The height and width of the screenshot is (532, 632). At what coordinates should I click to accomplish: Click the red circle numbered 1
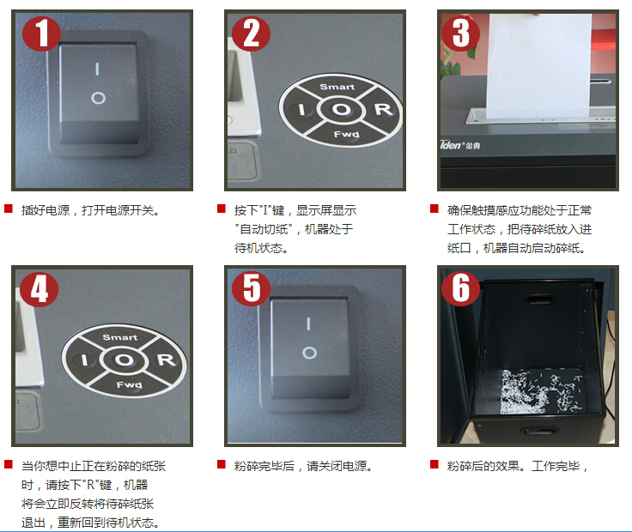(41, 33)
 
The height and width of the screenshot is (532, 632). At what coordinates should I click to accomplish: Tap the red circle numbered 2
(251, 33)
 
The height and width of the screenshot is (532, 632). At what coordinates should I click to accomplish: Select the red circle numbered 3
(461, 33)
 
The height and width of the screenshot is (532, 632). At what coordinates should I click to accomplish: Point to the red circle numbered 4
(39, 288)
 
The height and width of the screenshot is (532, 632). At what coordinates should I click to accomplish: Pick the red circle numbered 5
(252, 288)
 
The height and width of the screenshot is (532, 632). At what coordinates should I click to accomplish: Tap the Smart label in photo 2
(337, 87)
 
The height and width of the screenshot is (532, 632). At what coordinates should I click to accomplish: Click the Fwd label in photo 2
(346, 134)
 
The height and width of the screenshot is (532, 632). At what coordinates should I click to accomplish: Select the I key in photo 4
(84, 360)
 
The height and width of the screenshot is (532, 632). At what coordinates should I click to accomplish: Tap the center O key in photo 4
(124, 360)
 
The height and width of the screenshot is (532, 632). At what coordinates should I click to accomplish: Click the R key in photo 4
(166, 360)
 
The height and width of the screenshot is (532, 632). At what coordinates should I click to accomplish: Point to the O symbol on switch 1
(98, 98)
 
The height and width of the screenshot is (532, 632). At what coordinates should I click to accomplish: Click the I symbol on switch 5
(308, 323)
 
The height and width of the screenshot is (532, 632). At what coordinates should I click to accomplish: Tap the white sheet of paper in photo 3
(538, 66)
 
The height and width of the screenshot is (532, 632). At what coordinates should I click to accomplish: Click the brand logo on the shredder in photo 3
(460, 145)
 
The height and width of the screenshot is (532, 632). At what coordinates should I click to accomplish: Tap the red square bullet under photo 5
(222, 464)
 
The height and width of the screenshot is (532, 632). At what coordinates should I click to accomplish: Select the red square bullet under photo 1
(9, 209)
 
